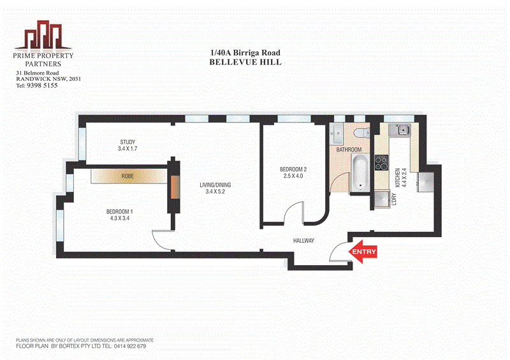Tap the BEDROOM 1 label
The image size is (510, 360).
tap(120, 212)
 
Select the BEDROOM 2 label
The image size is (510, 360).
tap(293, 169)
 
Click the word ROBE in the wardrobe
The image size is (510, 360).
tap(128, 176)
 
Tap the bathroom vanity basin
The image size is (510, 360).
tap(337, 134)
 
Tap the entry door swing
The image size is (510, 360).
tap(337, 251)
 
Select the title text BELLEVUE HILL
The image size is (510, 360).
tap(245, 62)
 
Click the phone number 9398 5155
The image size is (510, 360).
tap(41, 85)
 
